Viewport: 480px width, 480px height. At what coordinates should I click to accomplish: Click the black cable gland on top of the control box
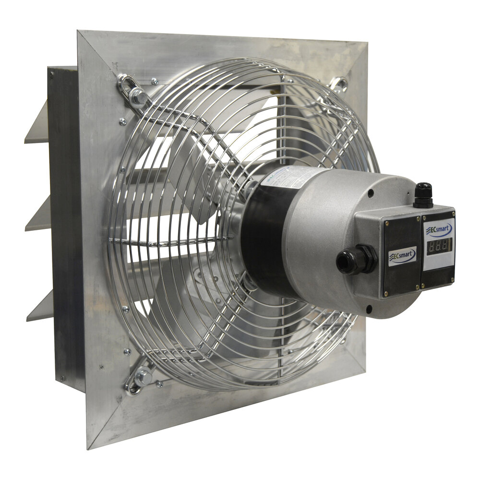(423, 194)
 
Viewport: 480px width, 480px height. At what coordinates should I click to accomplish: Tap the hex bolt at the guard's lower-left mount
(143, 377)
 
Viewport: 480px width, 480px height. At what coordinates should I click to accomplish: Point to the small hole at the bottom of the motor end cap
(368, 308)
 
